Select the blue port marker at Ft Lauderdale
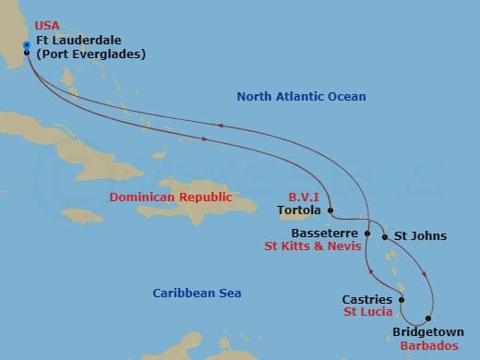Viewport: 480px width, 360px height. pyautogui.click(x=26, y=44)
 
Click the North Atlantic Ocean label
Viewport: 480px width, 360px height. pyautogui.click(x=301, y=97)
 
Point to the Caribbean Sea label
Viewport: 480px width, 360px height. pyautogui.click(x=197, y=293)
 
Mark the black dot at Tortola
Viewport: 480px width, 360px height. pyautogui.click(x=330, y=210)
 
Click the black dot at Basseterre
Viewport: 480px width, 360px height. pyautogui.click(x=367, y=234)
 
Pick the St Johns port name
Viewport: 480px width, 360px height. pyautogui.click(x=420, y=236)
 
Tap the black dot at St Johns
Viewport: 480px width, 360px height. pyautogui.click(x=386, y=236)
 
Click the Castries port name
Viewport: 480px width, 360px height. pyautogui.click(x=366, y=300)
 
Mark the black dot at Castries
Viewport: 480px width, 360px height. pyautogui.click(x=401, y=299)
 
